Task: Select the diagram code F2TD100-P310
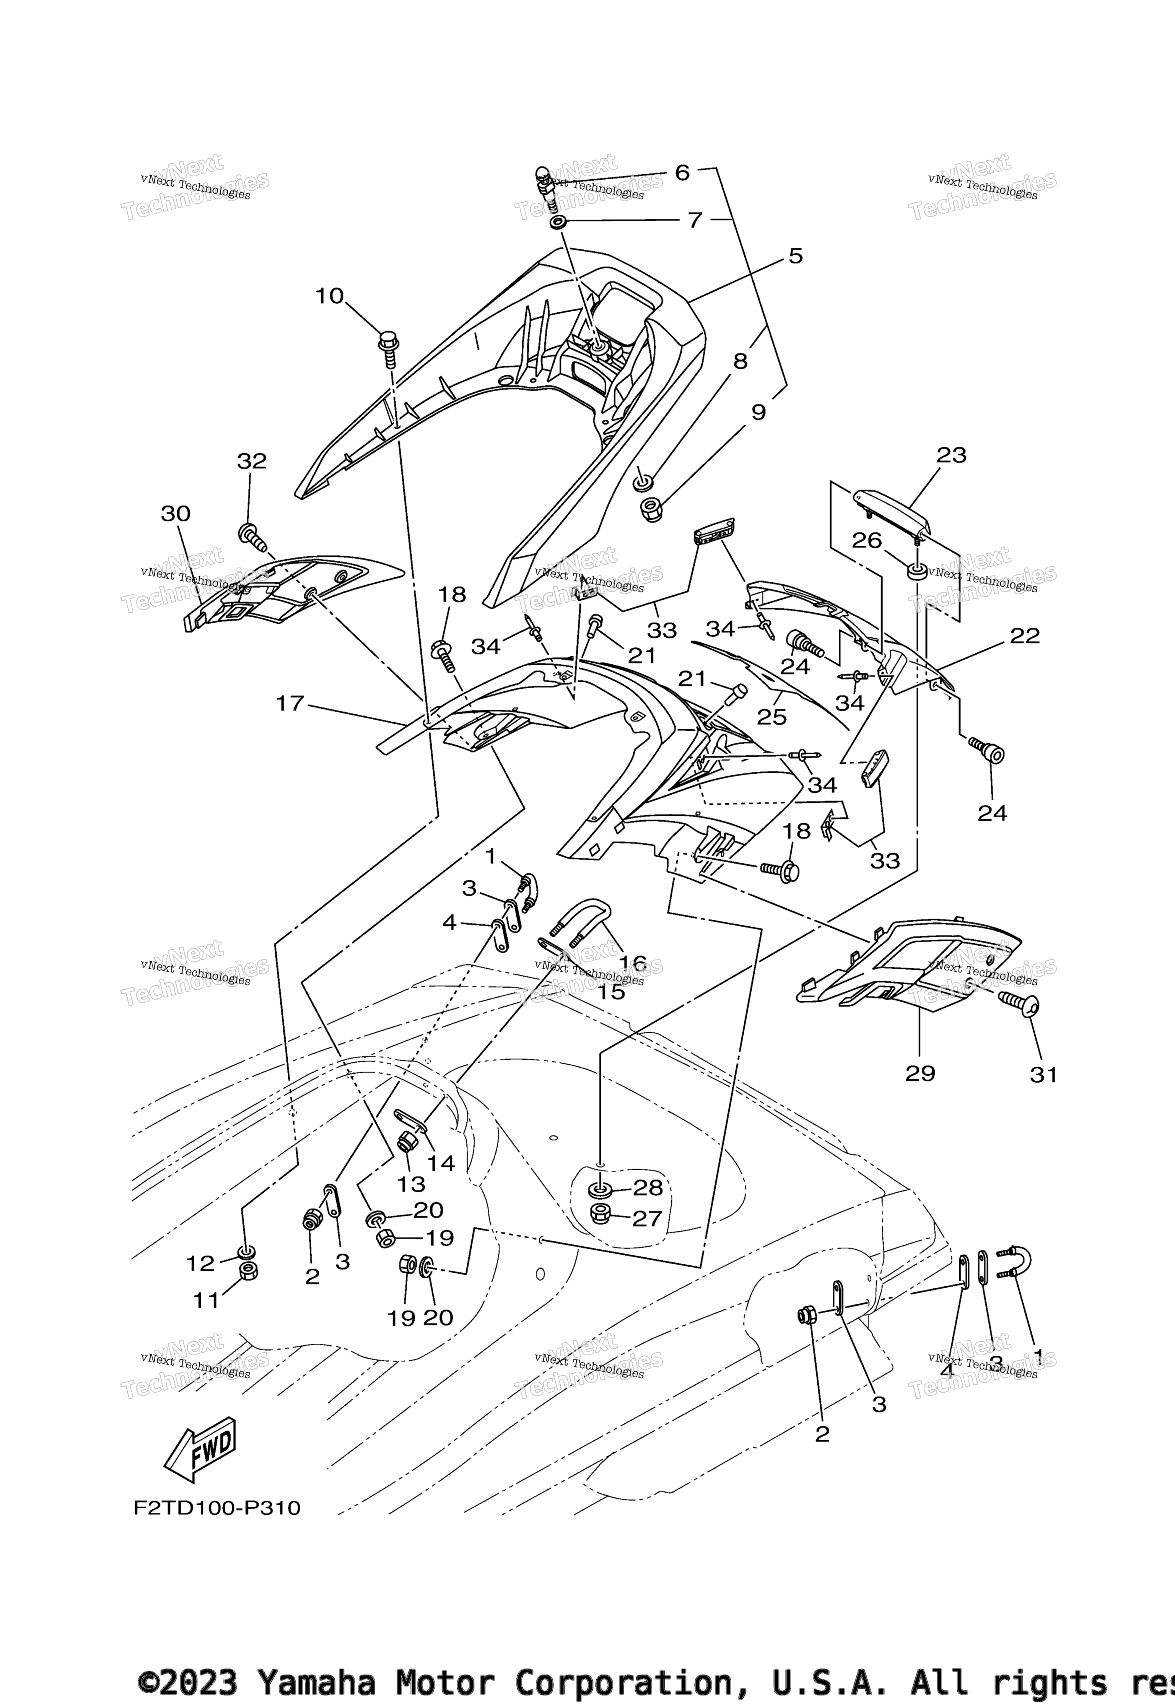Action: coord(217,1508)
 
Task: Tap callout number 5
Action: coord(795,256)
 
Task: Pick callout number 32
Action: coord(252,462)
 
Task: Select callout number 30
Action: coord(176,514)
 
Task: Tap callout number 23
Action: coord(951,455)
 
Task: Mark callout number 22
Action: coord(1025,636)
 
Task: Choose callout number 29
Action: coord(920,1074)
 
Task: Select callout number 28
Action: coord(648,1187)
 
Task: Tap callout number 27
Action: coord(648,1219)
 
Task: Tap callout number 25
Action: coord(772,716)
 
